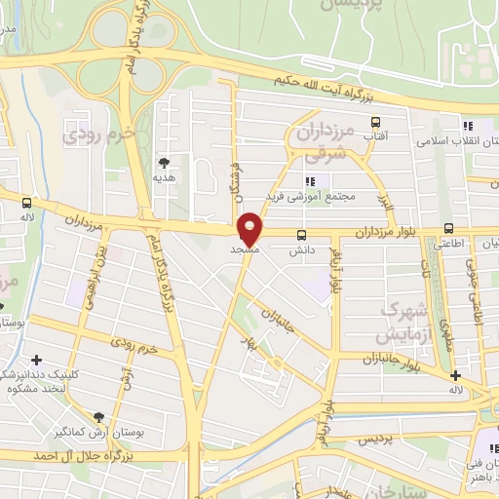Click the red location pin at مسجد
click(x=250, y=228)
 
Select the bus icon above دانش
click(x=301, y=235)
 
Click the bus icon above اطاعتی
click(x=448, y=230)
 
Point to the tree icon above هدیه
click(x=164, y=162)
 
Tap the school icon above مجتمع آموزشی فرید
click(x=311, y=181)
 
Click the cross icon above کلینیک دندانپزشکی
click(x=38, y=360)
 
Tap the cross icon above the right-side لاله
click(x=454, y=376)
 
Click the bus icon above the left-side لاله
click(x=26, y=203)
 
